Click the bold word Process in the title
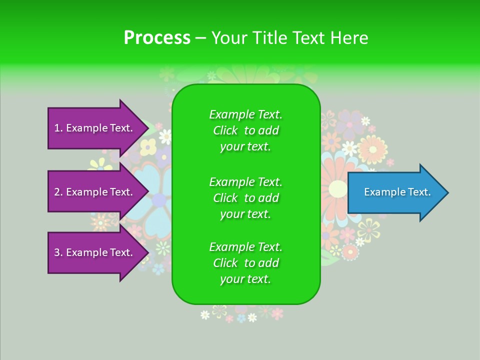[157, 38]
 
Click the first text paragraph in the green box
[246, 130]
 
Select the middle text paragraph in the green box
[246, 198]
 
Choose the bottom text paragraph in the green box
[246, 263]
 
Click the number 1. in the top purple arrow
[58, 128]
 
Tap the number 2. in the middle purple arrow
[58, 192]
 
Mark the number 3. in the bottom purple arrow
[58, 252]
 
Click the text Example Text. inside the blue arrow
[397, 192]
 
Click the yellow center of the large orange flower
[338, 189]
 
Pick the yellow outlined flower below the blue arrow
[368, 229]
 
